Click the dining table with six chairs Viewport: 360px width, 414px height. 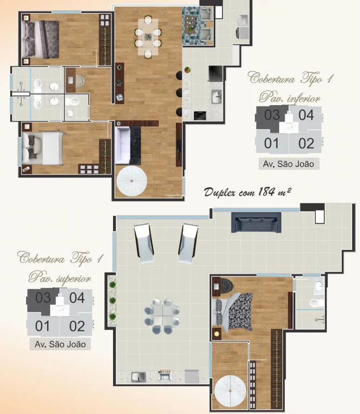click(x=148, y=37)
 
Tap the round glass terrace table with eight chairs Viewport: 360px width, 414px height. click(x=162, y=316)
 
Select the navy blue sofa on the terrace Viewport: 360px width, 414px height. click(x=256, y=222)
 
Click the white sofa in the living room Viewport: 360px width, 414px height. click(x=123, y=146)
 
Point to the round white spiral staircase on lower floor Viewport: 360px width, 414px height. click(x=132, y=181)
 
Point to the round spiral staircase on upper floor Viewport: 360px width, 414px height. click(x=230, y=391)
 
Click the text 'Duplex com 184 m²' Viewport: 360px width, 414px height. click(x=247, y=192)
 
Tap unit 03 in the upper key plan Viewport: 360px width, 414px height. click(x=272, y=115)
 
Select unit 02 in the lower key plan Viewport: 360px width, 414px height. click(x=77, y=327)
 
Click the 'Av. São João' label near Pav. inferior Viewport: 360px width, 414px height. click(x=288, y=164)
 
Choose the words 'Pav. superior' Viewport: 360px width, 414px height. click(x=60, y=278)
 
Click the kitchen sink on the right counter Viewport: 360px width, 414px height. click(x=216, y=97)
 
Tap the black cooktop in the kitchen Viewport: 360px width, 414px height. click(x=200, y=115)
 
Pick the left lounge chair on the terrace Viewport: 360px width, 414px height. click(x=144, y=243)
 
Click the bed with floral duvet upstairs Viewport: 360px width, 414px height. click(x=234, y=312)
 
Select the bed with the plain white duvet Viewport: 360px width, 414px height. click(x=43, y=148)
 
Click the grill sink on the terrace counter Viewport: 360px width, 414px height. click(x=139, y=377)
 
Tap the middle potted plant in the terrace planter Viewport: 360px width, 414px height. click(x=113, y=300)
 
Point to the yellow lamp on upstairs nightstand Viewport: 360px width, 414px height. click(x=217, y=334)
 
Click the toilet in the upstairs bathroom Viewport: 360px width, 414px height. click(x=315, y=303)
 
